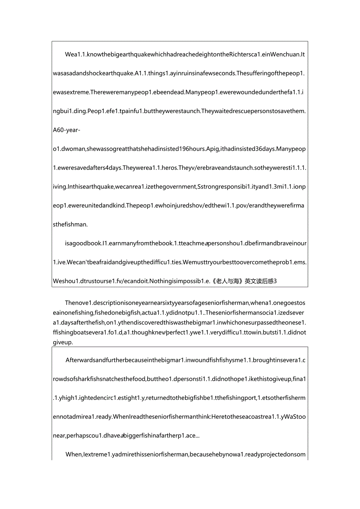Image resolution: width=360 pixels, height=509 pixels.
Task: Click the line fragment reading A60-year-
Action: [x=67, y=130]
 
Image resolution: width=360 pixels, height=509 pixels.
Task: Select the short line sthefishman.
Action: [x=70, y=225]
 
